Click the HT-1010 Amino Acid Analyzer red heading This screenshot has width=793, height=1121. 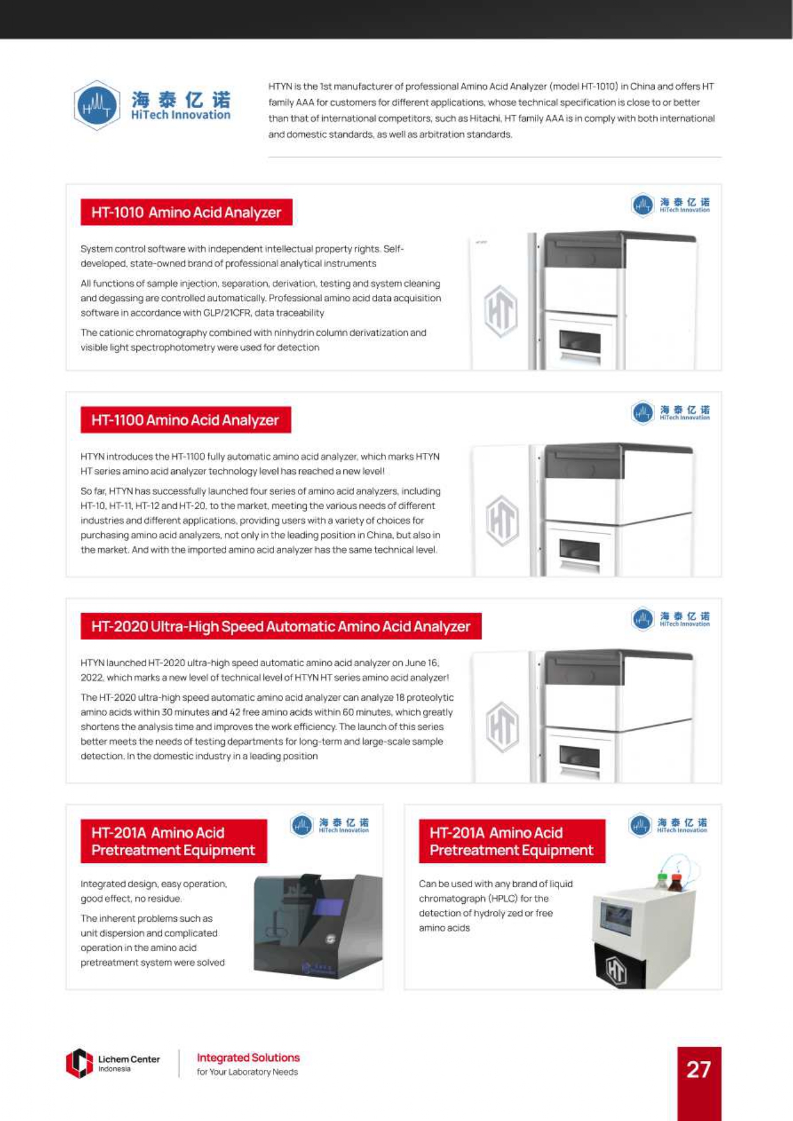[186, 212]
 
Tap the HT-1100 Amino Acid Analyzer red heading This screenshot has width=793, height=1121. [185, 420]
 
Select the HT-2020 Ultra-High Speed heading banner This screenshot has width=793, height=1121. [281, 627]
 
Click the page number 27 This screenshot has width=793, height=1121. [698, 1069]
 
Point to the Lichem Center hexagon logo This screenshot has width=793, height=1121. [79, 1064]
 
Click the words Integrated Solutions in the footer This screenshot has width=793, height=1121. [248, 1058]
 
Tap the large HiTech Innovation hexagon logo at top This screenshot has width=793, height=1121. [97, 105]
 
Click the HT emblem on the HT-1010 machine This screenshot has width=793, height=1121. [500, 312]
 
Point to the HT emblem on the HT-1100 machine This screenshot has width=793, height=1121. [502, 521]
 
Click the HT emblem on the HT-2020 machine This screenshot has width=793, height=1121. [502, 727]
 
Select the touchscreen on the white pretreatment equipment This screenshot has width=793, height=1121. [615, 919]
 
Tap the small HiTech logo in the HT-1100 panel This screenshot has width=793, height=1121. [642, 412]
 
